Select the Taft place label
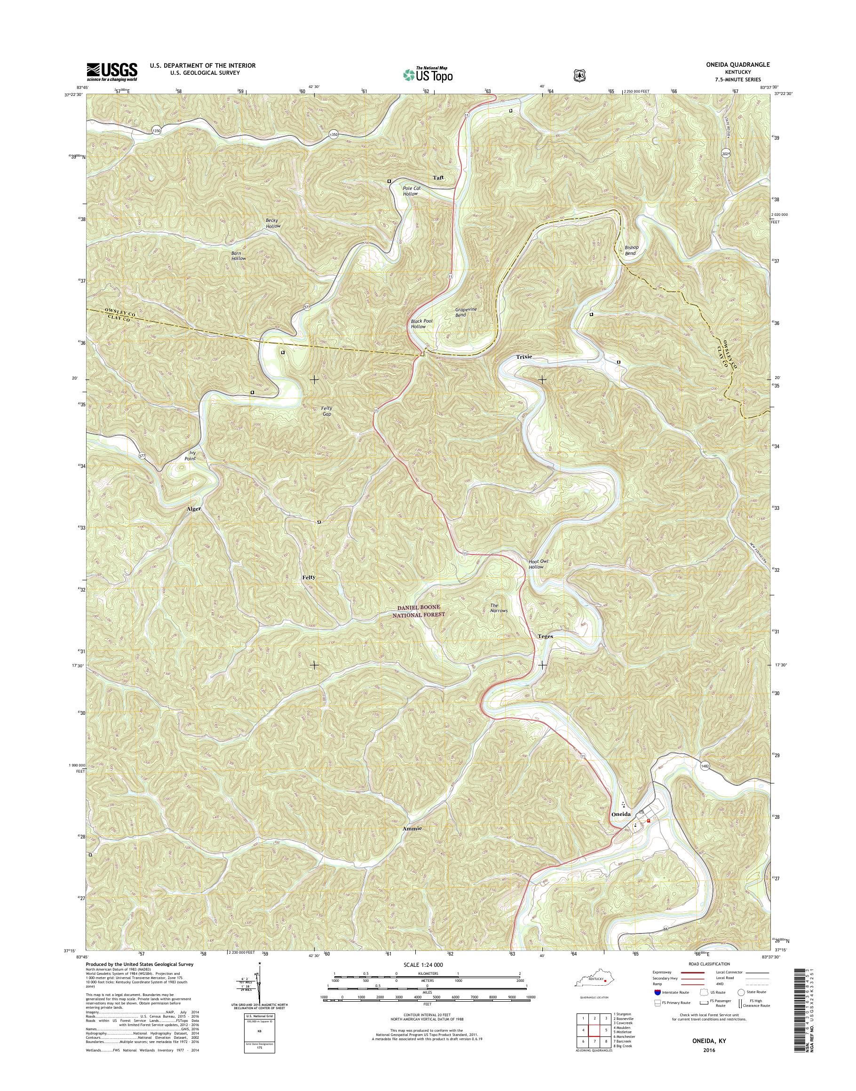(438, 178)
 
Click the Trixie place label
(524, 357)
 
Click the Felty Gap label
(327, 411)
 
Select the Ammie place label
(412, 829)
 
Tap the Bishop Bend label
(632, 250)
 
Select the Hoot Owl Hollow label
(539, 564)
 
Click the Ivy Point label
(190, 456)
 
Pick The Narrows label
(499, 608)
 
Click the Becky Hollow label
(273, 223)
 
